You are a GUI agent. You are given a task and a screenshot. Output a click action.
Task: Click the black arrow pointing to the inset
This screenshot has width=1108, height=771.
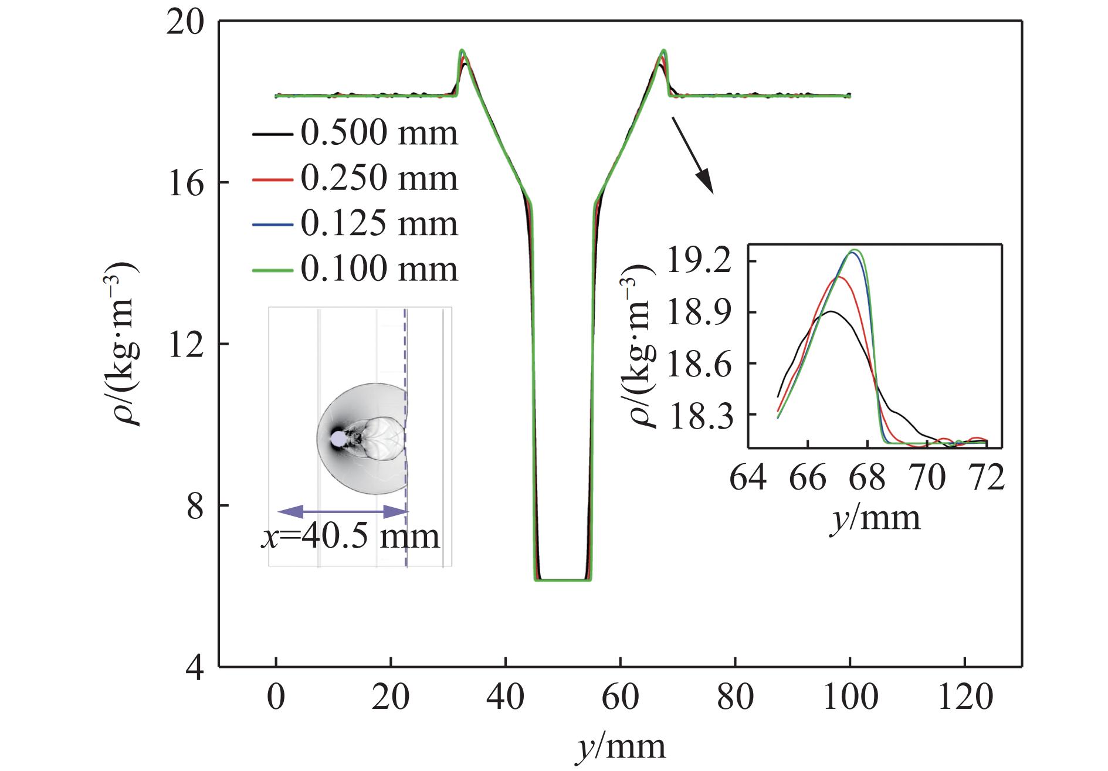pos(692,155)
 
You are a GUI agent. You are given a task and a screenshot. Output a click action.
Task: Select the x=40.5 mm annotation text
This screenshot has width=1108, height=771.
pos(350,536)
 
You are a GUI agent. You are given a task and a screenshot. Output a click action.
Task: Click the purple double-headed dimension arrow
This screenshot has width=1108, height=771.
pos(343,512)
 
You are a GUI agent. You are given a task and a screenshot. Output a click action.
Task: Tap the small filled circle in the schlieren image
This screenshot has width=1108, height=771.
pos(338,439)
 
